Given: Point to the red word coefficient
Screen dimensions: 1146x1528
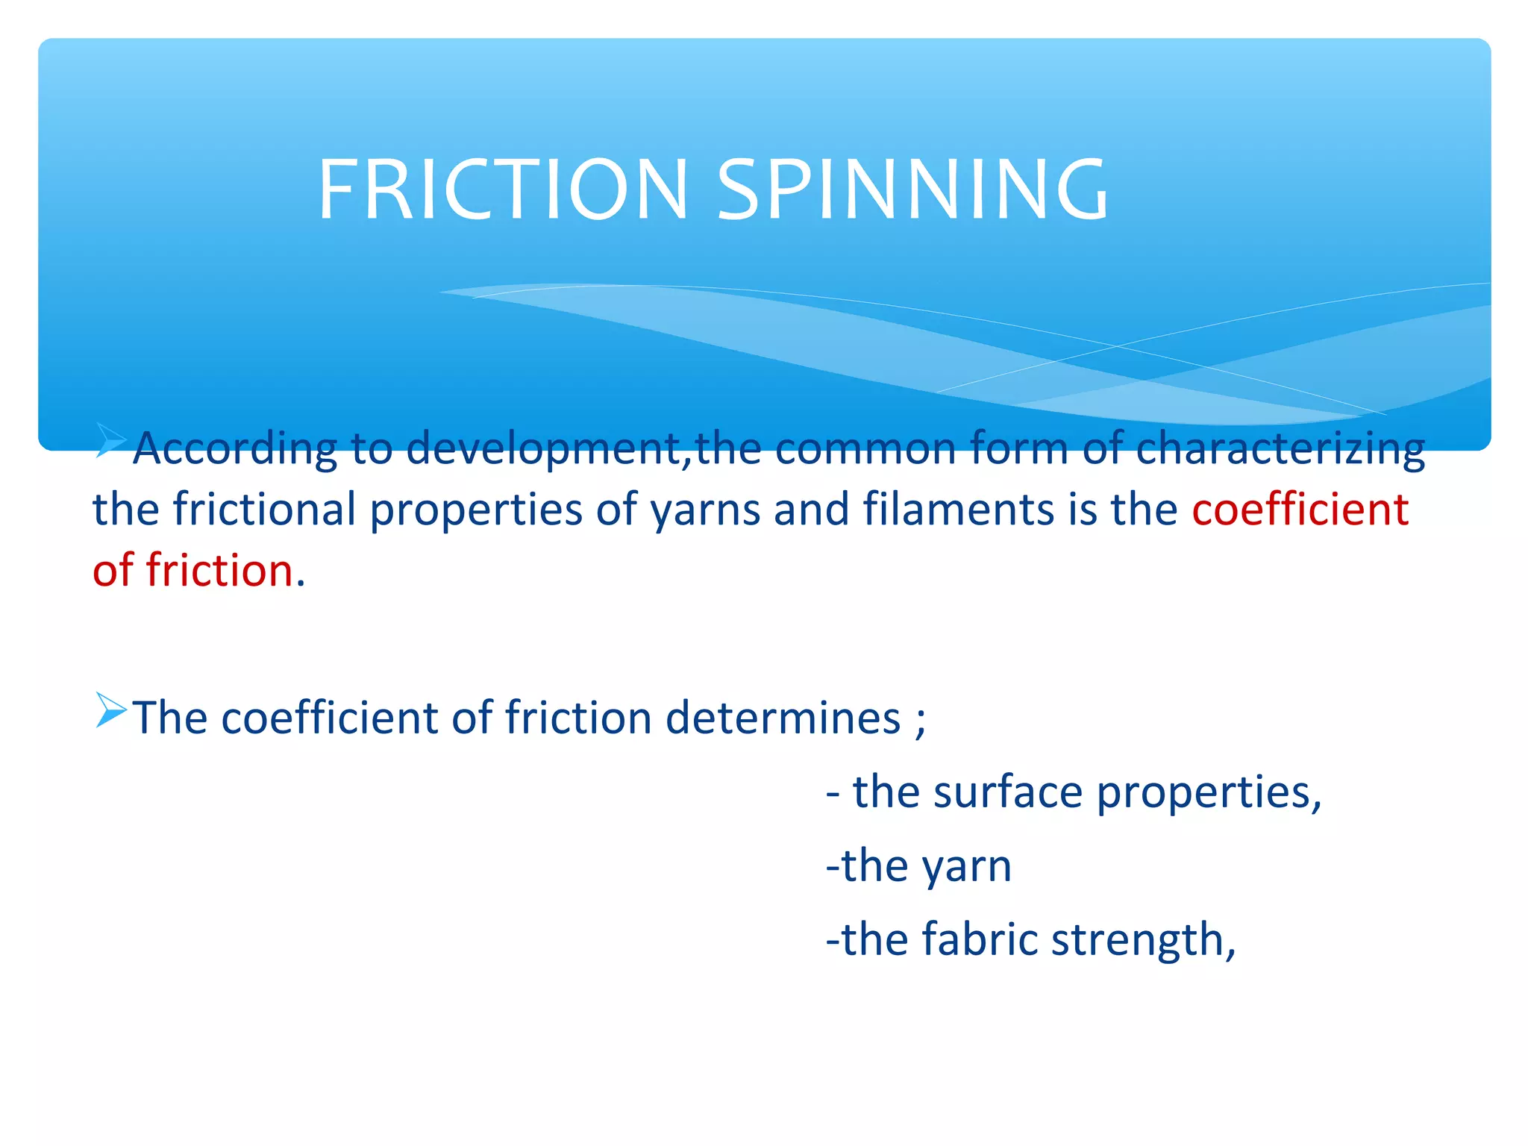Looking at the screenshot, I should click(x=1299, y=510).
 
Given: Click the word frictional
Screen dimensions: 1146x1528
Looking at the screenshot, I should click(x=264, y=510).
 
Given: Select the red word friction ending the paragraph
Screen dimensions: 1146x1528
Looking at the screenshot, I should click(x=219, y=571).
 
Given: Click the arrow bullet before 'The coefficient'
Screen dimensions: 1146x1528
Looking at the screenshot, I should click(x=110, y=710).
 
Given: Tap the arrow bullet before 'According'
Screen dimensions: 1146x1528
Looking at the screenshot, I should click(x=110, y=440).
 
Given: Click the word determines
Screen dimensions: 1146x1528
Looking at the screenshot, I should click(x=783, y=718).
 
